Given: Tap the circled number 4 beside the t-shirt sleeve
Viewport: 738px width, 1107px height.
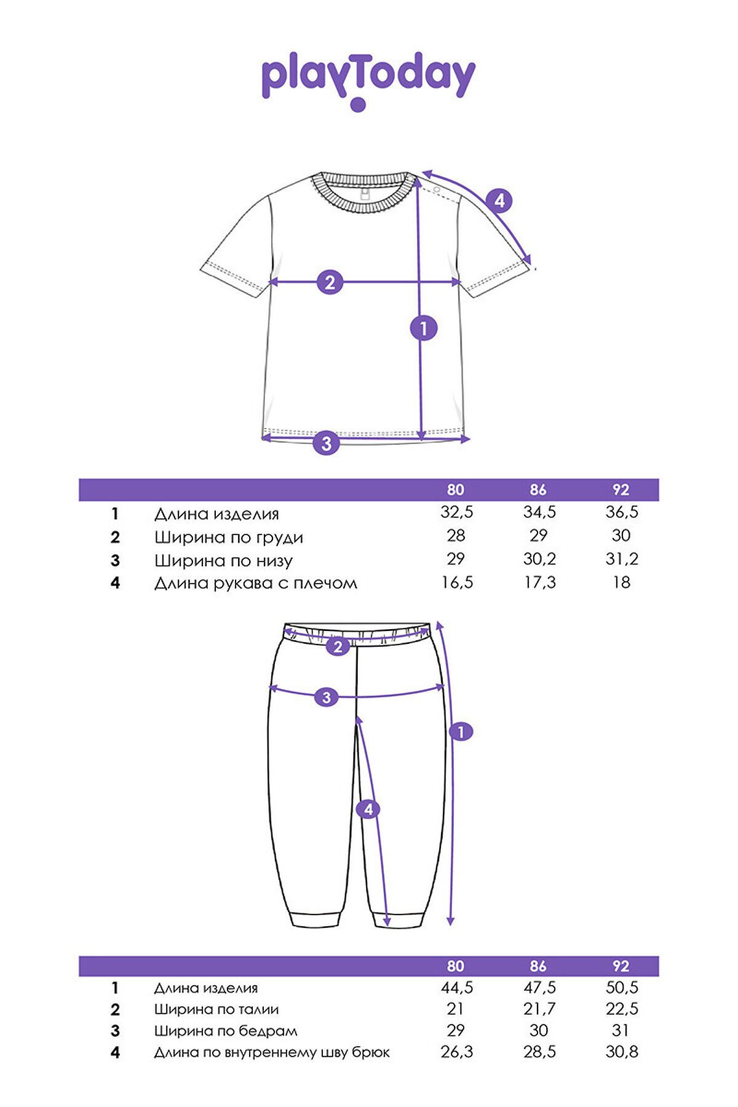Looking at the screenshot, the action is point(499,200).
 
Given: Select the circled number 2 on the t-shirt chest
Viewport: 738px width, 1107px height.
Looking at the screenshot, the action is point(330,282).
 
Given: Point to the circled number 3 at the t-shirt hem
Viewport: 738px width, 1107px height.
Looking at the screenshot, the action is point(326,443).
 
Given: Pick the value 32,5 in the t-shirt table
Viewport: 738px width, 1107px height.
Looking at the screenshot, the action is point(457,512).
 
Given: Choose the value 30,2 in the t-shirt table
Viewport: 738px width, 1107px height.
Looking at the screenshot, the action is point(539,559).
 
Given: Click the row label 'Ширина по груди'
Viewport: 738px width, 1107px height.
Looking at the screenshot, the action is point(229,538).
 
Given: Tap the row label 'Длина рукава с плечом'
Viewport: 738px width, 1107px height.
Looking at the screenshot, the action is point(255,583).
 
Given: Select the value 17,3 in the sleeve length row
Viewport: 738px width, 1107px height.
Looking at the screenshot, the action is point(539,582).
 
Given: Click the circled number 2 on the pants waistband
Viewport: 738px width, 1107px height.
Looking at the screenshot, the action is point(338,646).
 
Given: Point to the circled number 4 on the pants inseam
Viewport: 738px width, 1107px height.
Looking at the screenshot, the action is point(368,809).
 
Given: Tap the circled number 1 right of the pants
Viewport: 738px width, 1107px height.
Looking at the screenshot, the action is point(461,732).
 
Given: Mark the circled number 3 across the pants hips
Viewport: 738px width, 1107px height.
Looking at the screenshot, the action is point(326,697).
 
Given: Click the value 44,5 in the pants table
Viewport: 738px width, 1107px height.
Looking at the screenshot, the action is point(457,988).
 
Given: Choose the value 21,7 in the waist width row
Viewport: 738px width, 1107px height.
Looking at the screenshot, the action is point(539,1009).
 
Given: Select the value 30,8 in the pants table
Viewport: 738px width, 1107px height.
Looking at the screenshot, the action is point(622,1052).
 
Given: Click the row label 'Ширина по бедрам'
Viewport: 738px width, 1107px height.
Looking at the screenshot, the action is point(226,1031).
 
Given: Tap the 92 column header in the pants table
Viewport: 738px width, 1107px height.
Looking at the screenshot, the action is point(621,966).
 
